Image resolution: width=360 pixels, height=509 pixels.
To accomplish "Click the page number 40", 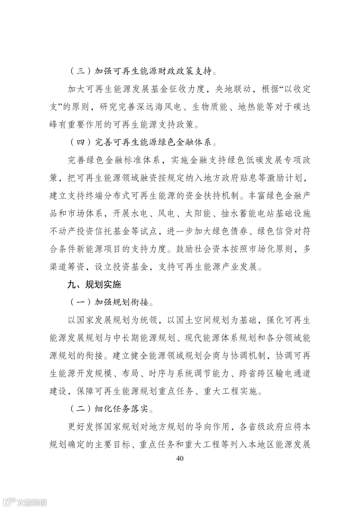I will click(x=180, y=458).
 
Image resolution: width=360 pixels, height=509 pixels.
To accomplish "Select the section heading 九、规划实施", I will click(x=94, y=284).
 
